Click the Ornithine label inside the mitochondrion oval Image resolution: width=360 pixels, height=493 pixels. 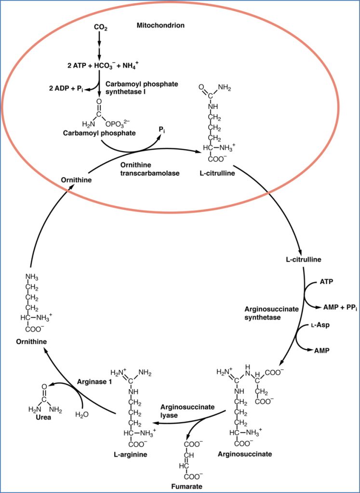77,180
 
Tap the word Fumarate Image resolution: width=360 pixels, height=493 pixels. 187,486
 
